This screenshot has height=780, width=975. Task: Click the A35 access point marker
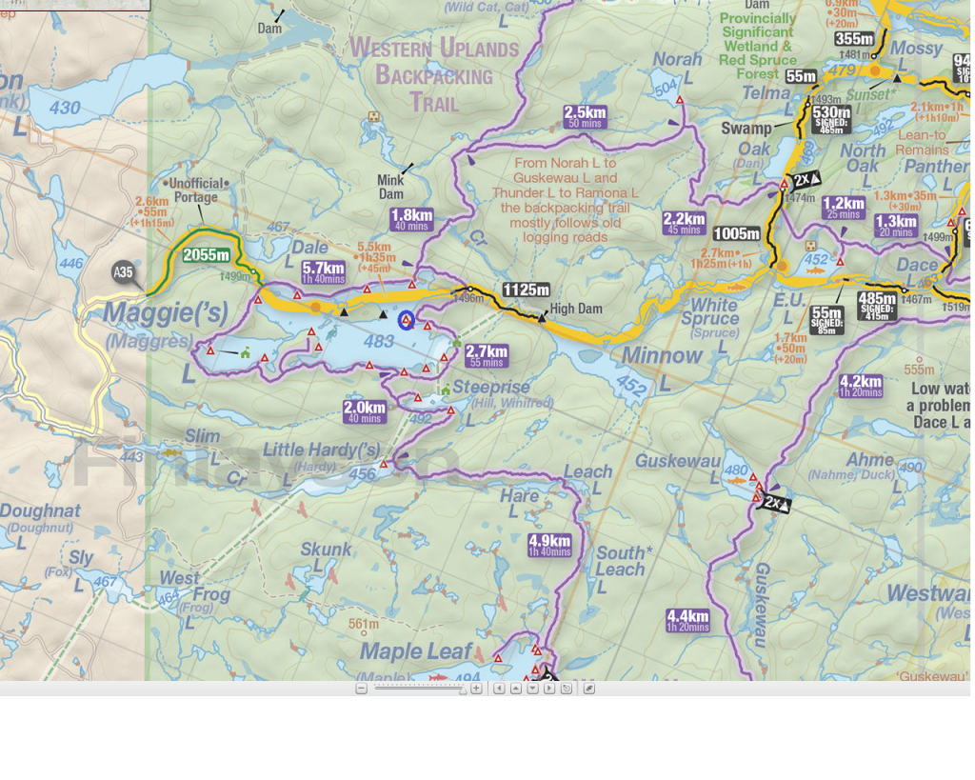[x=123, y=272]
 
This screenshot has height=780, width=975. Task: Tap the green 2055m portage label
[x=206, y=254]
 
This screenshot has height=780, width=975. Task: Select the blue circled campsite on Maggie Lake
[x=407, y=320]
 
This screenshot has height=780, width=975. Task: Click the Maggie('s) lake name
[x=166, y=312]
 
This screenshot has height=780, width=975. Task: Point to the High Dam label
[x=575, y=309]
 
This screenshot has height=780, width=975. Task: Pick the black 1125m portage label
[x=526, y=290]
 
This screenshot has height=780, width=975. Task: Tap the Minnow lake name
[x=662, y=355]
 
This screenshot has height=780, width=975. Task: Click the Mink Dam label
[x=390, y=187]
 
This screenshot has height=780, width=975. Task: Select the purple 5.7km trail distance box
[x=323, y=272]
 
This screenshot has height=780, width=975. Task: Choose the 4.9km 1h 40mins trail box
[x=550, y=545]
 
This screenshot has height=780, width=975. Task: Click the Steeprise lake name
[x=490, y=388]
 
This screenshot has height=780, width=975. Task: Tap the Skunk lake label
[x=326, y=550]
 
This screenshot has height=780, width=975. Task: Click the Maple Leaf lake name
[x=416, y=651]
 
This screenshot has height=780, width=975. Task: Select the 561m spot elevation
[x=363, y=625]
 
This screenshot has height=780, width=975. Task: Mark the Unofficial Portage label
[x=195, y=190]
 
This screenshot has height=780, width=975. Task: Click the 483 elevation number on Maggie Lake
[x=378, y=341]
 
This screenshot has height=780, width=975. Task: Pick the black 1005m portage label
[x=736, y=233]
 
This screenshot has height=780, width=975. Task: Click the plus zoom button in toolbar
[x=476, y=689]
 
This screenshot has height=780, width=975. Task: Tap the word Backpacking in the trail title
[x=433, y=74]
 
